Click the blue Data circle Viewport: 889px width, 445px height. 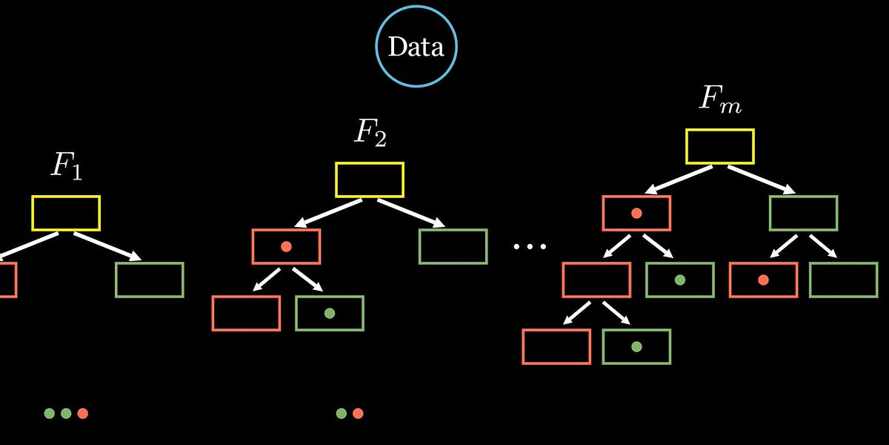click(x=416, y=47)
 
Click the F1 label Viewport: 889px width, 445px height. click(x=66, y=166)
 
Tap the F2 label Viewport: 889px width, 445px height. click(x=370, y=132)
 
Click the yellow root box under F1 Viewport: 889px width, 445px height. click(x=66, y=213)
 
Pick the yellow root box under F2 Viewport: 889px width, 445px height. click(x=370, y=179)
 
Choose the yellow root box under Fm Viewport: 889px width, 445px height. click(x=720, y=146)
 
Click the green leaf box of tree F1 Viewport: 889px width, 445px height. click(x=150, y=280)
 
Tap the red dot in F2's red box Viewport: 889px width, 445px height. click(x=286, y=246)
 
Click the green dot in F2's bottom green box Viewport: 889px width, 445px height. click(x=330, y=313)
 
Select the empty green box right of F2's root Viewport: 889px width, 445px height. click(x=453, y=246)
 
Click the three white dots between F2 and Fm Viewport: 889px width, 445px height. click(x=530, y=246)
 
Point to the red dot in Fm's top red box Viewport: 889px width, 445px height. click(x=636, y=213)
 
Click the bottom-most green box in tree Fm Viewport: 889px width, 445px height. click(x=636, y=346)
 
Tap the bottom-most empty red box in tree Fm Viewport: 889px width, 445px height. click(x=556, y=346)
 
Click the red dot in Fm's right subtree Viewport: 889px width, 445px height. click(x=763, y=280)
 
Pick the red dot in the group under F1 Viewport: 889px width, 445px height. click(x=82, y=413)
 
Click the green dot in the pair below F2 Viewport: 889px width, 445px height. click(x=342, y=413)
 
